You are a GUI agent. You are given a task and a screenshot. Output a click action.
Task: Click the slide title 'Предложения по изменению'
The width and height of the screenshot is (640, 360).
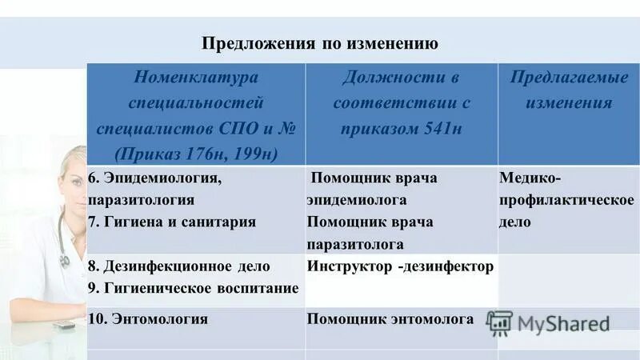click(320, 43)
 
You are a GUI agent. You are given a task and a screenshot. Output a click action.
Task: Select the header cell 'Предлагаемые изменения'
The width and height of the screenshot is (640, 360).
click(569, 90)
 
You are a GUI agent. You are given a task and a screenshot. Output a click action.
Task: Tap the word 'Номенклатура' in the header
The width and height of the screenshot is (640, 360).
click(196, 78)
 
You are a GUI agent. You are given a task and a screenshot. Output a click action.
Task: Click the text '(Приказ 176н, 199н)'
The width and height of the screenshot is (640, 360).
click(196, 151)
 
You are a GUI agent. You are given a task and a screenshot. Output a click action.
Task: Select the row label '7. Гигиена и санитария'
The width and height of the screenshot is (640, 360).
click(172, 222)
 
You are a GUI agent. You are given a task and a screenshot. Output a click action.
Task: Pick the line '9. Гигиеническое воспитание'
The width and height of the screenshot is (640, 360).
click(193, 287)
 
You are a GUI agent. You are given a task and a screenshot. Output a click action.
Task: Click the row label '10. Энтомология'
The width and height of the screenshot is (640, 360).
click(148, 318)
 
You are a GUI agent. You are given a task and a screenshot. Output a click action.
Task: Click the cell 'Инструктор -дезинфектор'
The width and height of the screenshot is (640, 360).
click(400, 266)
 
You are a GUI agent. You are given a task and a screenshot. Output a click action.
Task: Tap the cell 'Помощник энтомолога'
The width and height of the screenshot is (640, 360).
click(390, 318)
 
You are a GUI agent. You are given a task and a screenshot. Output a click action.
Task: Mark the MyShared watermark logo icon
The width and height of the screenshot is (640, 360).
click(500, 322)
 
